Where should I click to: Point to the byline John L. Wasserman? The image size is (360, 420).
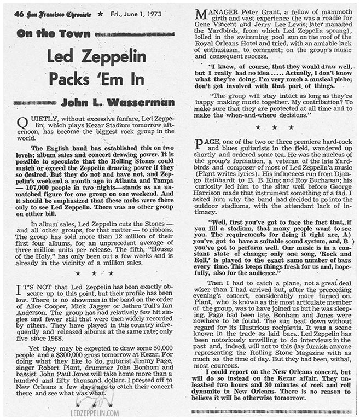pyautogui.click(x=118, y=102)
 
